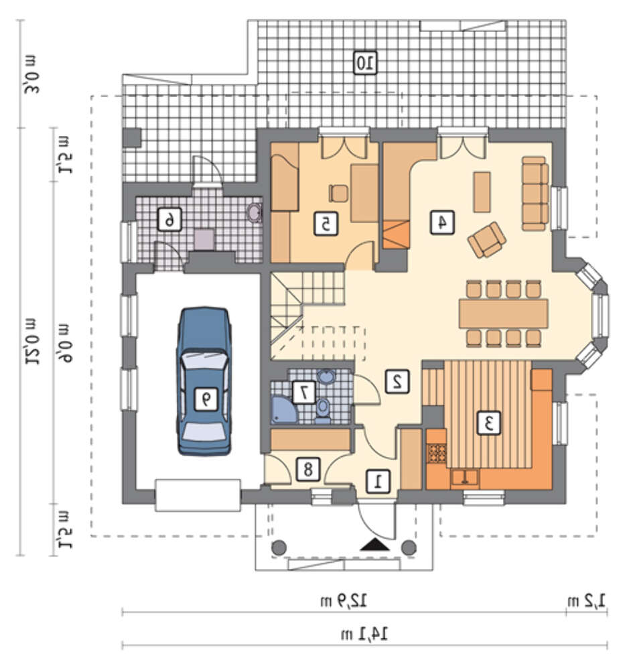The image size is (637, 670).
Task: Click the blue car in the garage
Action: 204,381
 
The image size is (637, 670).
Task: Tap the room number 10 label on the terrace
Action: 365,63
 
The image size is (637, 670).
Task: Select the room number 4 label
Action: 442,222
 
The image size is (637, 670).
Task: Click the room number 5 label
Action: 326,224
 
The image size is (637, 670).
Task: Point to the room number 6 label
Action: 169,220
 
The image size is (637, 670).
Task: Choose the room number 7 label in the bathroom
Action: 303,391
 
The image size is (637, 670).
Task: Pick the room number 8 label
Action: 307,470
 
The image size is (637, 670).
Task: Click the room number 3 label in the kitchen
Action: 488,423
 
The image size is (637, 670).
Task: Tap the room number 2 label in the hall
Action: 397,381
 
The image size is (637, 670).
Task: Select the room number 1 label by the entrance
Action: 378,482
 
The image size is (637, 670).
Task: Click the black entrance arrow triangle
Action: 374,545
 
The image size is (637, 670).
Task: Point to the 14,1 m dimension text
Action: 364,634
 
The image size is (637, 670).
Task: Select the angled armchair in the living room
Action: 487,240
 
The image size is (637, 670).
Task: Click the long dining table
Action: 503,314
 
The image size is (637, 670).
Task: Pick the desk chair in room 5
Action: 339,193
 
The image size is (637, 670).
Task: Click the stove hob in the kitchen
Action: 437,454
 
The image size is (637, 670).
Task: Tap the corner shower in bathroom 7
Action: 284,410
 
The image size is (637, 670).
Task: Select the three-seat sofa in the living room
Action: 535,194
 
